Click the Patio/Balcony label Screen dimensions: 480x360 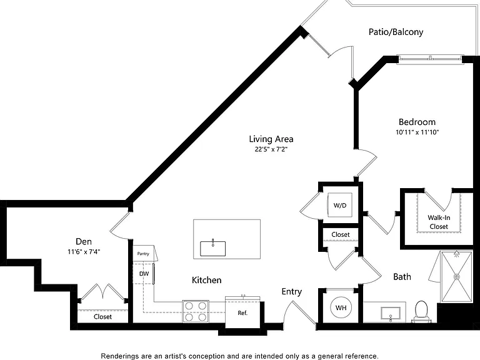point(396,32)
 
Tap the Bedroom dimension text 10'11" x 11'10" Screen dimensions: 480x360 point(417,132)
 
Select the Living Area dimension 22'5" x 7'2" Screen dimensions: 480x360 point(271,149)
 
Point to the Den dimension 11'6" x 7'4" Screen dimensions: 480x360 point(84,252)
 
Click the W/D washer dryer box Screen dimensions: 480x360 point(340,205)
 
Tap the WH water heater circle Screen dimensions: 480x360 point(341,307)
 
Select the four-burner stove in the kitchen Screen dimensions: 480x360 point(196,311)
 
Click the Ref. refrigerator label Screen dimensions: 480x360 point(242,313)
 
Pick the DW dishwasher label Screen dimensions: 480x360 point(144,274)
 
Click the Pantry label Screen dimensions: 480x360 point(143,254)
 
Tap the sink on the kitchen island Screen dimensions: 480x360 point(212,248)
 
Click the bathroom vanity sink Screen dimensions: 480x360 point(391,314)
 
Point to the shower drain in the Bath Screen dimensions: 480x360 point(457,276)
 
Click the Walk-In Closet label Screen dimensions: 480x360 point(439,222)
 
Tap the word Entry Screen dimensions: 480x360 point(292,292)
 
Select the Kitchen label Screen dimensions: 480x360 point(207,280)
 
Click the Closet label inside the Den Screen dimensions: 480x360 point(103,316)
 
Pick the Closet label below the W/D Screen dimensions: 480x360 point(341,234)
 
